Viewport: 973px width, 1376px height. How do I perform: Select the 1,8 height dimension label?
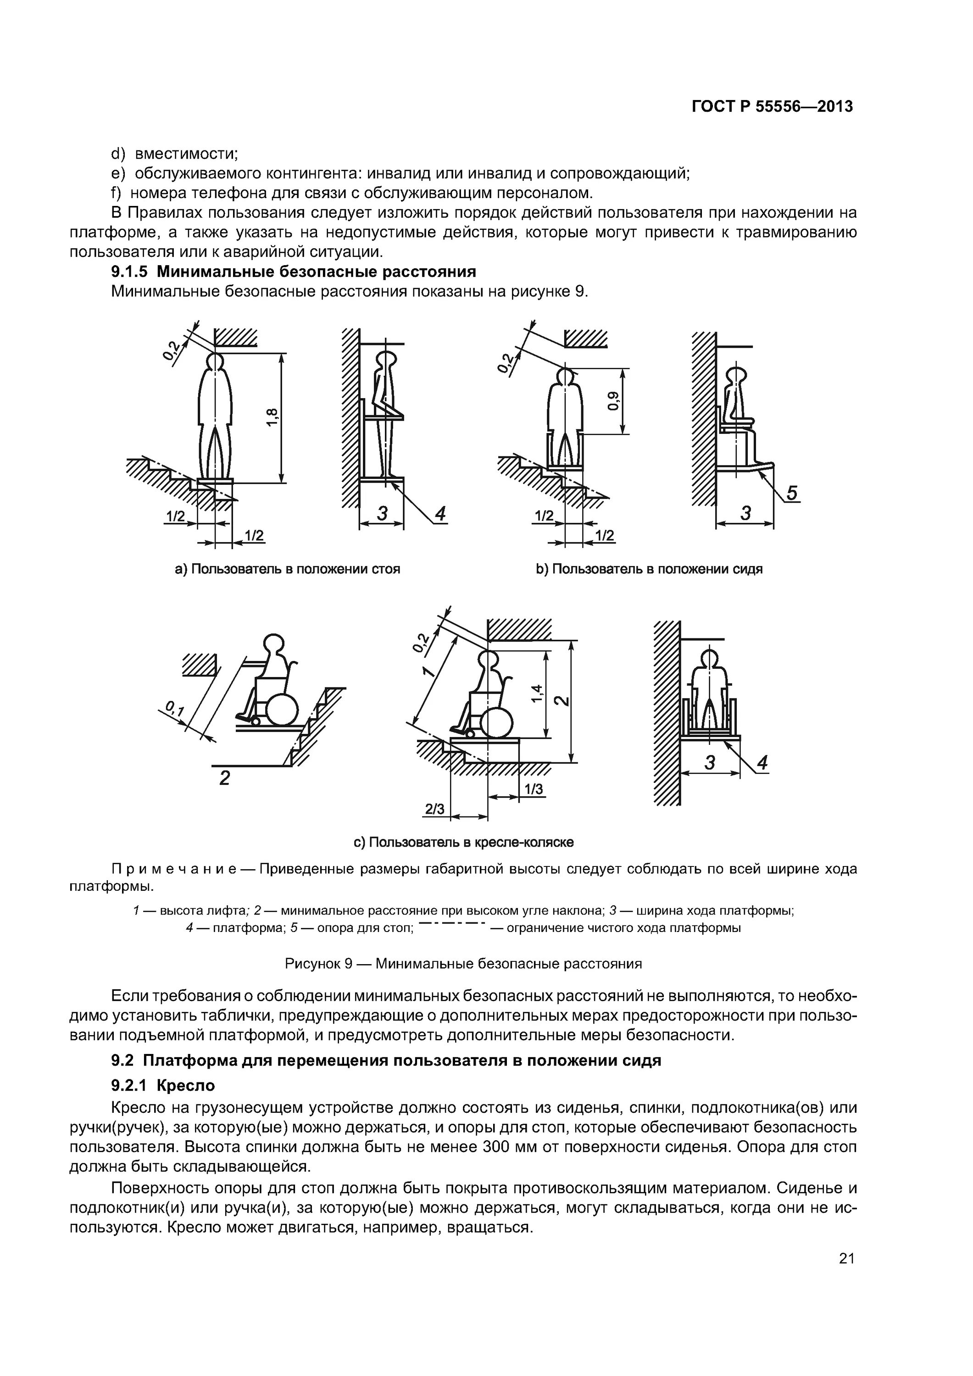coord(272,417)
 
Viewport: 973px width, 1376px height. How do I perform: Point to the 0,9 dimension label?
coord(613,401)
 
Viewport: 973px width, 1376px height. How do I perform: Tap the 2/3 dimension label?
coord(434,809)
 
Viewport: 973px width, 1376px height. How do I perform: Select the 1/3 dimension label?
coord(533,789)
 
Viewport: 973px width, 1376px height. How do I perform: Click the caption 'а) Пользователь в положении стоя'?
coord(287,569)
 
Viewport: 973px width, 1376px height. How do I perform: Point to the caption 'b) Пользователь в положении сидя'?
coord(649,569)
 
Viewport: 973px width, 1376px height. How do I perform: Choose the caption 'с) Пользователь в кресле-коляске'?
coord(463,842)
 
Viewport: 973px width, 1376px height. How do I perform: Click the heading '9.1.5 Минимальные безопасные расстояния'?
coord(294,272)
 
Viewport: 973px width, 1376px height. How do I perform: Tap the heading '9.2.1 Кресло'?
coord(163,1085)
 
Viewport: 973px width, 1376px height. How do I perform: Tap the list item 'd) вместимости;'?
coord(175,154)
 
